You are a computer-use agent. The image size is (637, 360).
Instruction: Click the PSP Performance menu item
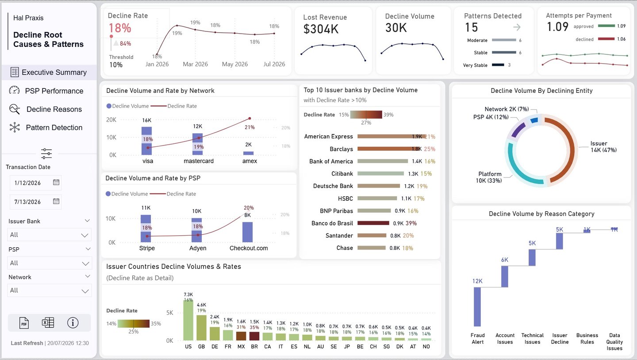(54, 91)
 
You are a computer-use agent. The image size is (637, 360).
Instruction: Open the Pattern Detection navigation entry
(54, 127)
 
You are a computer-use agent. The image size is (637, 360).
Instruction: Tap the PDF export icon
(24, 323)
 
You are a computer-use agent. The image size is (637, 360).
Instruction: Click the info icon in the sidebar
(73, 323)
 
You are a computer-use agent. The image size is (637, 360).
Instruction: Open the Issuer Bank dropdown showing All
(50, 235)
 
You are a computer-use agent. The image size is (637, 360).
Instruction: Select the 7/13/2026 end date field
(35, 202)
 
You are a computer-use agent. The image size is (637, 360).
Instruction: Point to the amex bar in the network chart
(249, 153)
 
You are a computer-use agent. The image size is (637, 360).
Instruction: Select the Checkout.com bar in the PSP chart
(248, 232)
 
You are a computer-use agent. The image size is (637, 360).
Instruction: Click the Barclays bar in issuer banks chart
(389, 149)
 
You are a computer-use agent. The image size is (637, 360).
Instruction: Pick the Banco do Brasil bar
(373, 223)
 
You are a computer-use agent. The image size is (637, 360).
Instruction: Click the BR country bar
(254, 336)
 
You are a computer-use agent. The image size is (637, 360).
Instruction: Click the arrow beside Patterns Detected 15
(517, 27)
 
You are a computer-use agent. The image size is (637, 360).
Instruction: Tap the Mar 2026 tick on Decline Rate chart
(196, 64)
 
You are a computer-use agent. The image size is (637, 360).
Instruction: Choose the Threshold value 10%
(116, 65)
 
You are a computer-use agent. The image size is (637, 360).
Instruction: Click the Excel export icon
(48, 323)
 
